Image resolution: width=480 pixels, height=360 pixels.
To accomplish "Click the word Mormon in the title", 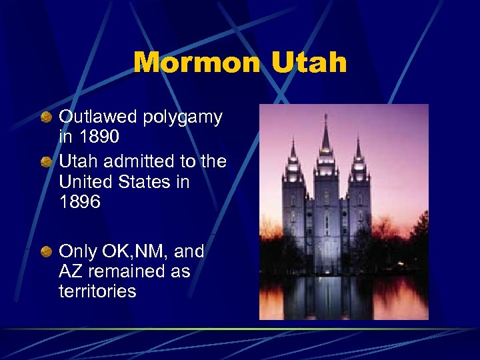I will point(195,63).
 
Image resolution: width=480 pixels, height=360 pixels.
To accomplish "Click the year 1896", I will point(80,202).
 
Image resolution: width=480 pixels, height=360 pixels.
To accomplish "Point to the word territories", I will point(97,291).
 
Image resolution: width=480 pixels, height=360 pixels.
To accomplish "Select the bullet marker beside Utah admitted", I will point(46,162).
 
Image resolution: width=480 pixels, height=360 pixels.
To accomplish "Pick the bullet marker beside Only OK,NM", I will point(46,253).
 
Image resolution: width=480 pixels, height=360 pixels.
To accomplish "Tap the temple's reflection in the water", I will point(327,297).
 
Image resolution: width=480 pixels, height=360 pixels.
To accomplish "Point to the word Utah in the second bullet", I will point(77,161).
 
